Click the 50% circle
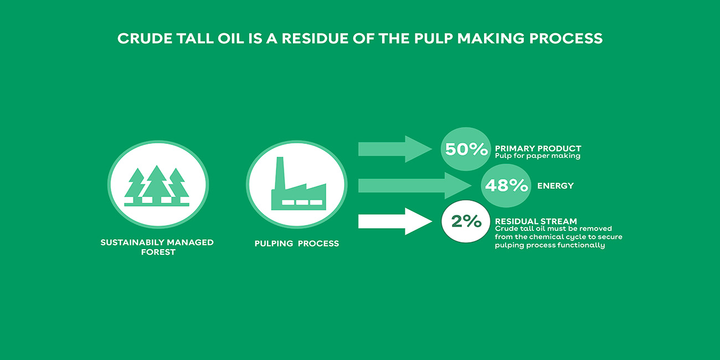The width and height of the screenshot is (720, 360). click(465, 149)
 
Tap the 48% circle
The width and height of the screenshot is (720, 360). click(506, 186)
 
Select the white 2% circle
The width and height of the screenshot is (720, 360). click(466, 221)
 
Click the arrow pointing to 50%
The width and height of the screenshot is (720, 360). click(395, 149)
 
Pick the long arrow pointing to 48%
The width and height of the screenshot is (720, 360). click(415, 186)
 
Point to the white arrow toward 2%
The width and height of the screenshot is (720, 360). click(395, 221)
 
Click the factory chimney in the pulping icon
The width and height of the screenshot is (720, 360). click(280, 173)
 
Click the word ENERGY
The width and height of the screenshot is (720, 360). click(556, 186)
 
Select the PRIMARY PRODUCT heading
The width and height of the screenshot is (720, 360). click(538, 148)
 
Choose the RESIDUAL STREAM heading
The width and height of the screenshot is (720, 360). click(536, 221)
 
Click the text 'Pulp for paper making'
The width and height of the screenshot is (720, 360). click(538, 156)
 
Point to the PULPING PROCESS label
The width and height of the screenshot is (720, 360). click(297, 243)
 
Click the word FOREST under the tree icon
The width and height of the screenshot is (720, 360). click(158, 252)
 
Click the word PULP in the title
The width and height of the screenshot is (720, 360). click(433, 39)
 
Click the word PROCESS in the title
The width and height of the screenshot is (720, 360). click(565, 39)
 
